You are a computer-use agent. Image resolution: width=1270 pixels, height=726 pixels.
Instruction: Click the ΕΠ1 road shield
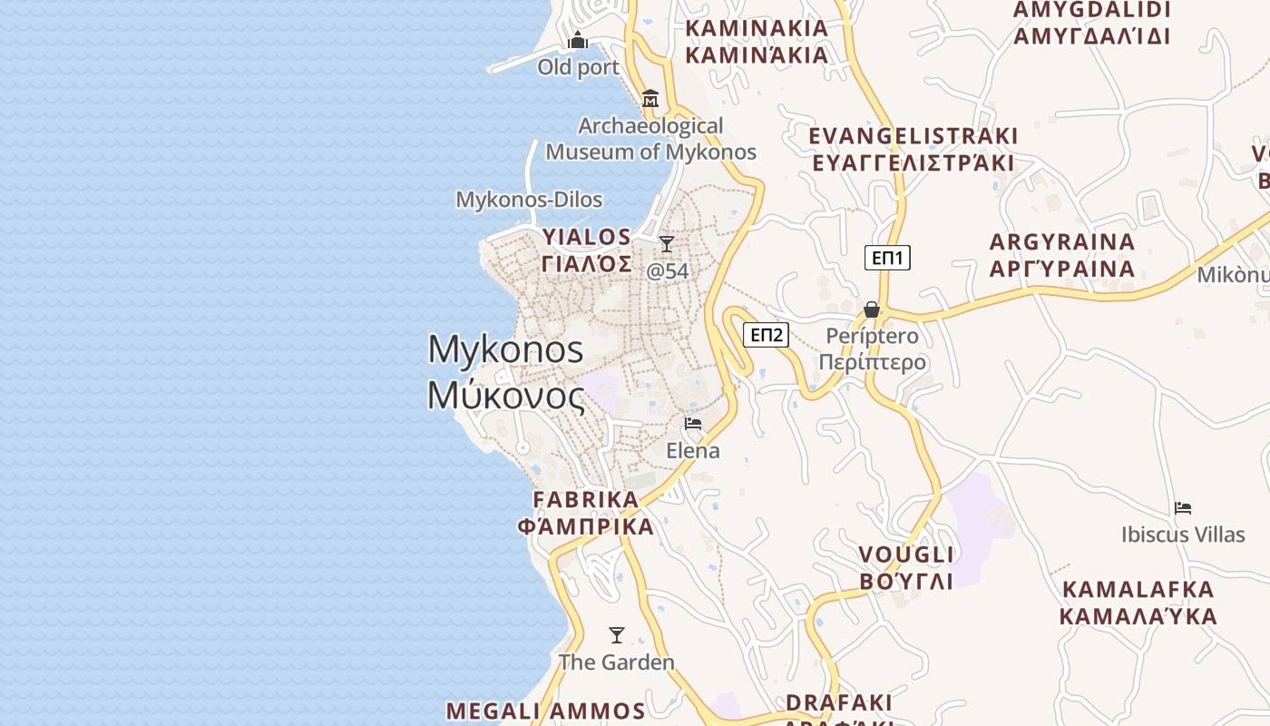click(886, 258)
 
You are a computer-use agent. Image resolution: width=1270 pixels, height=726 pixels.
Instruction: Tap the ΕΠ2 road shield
click(766, 335)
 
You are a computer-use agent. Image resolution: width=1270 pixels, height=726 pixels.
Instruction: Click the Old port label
click(578, 67)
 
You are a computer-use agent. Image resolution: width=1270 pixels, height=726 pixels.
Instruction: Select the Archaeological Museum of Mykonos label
click(650, 139)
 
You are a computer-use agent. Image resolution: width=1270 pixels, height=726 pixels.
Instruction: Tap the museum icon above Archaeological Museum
click(650, 98)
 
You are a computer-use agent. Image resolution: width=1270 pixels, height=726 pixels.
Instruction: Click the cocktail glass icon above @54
click(667, 243)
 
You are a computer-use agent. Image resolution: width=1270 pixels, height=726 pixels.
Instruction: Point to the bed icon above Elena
click(693, 423)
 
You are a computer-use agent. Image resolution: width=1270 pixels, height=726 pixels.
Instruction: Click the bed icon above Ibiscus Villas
click(1183, 507)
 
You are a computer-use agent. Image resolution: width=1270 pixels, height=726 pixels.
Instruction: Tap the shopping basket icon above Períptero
click(872, 309)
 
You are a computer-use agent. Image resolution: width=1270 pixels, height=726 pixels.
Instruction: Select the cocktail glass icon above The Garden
click(617, 634)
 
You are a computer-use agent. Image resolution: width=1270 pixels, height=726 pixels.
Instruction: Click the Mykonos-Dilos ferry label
click(529, 200)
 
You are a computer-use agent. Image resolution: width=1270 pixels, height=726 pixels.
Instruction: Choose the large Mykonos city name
click(506, 372)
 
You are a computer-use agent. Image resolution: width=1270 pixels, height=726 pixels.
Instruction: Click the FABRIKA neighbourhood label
click(586, 513)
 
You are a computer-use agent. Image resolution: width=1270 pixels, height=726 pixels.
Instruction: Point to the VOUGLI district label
click(906, 567)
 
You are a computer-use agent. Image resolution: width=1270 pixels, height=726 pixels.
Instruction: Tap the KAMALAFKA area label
click(1138, 603)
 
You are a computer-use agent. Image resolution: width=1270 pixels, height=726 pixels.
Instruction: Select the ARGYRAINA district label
click(1062, 255)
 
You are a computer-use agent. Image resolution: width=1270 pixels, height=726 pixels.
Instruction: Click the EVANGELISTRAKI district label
click(913, 149)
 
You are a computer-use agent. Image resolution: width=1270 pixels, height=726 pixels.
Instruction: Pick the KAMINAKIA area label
click(757, 41)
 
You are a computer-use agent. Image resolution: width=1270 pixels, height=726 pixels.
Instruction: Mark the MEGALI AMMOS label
click(545, 711)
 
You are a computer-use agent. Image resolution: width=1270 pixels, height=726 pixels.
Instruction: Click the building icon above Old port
click(578, 40)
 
